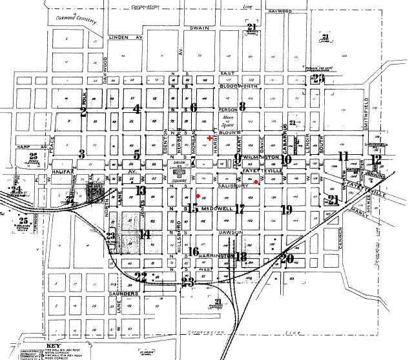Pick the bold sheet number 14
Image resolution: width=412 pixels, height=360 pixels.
(145, 234)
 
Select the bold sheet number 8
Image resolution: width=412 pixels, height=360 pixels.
(243, 106)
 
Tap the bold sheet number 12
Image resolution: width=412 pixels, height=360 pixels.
(375, 159)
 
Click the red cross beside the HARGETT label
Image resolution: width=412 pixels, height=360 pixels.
(209, 137)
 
